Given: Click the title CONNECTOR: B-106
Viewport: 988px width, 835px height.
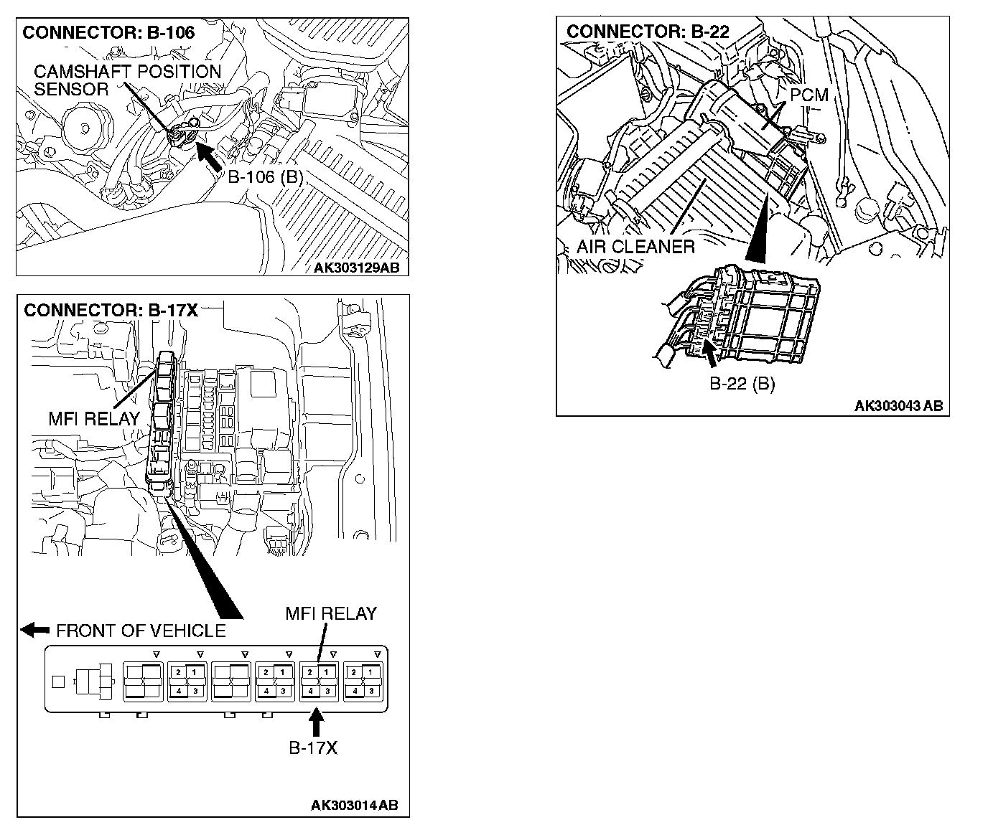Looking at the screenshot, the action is point(108,32).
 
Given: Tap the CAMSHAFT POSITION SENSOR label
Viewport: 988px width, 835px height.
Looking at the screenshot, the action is point(127,80).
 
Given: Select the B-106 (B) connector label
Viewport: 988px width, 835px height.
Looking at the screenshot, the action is point(265,177).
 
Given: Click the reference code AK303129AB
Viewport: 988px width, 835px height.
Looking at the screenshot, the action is point(356,268).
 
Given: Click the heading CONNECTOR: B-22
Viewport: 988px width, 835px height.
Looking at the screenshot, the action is point(648,32).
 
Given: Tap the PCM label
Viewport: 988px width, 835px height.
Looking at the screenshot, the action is point(808,95).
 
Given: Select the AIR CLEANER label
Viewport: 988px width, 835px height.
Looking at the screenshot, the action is point(635,247).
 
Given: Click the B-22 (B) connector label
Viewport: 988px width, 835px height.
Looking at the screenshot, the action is point(742,384).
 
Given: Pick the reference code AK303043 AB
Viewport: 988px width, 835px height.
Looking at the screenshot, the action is point(898,406).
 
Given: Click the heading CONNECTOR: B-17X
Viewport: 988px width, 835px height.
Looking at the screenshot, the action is point(111,311).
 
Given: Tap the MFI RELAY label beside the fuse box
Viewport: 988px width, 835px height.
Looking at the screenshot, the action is point(93,419).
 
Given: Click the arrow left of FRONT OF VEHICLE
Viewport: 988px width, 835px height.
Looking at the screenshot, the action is point(35,630).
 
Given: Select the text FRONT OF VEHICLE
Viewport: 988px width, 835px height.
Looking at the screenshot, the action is point(141,631).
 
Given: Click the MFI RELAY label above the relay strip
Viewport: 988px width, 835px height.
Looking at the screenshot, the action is point(331,613).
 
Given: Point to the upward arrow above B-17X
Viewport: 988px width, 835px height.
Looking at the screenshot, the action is point(315,722).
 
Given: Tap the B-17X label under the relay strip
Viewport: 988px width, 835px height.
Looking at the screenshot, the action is point(313,748).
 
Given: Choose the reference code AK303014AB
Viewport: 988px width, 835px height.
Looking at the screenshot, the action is point(354,806).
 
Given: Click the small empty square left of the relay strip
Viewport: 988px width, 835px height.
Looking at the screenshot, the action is point(58,681).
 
